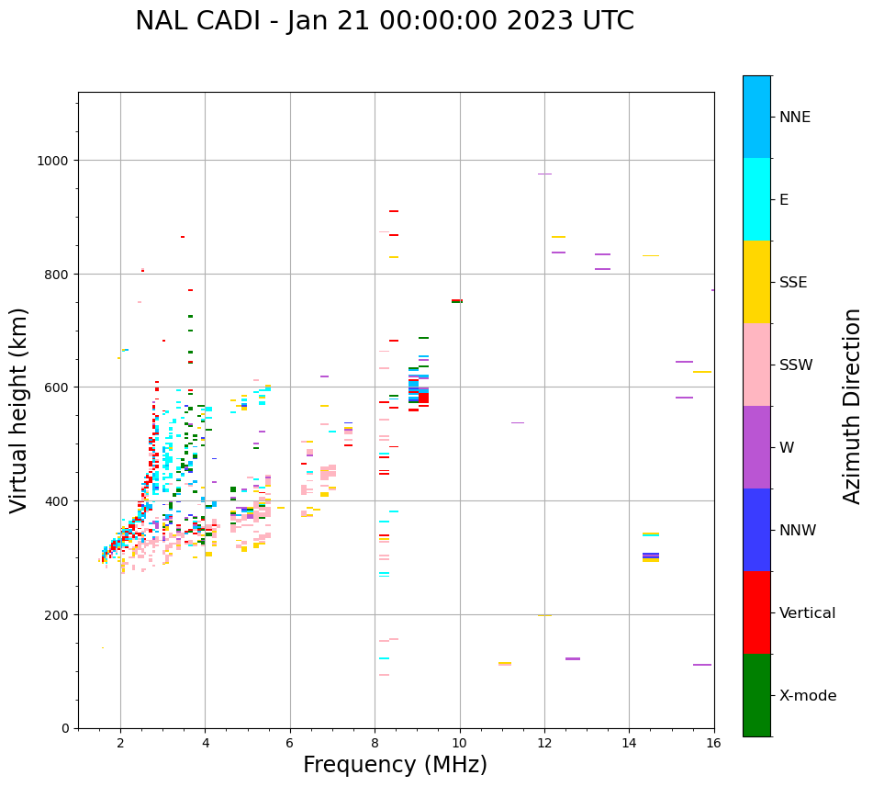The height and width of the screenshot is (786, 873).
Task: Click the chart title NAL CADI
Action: pos(384,21)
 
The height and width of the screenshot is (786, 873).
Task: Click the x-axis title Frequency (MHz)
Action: pos(395,765)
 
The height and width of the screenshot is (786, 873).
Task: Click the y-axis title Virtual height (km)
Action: pos(19,410)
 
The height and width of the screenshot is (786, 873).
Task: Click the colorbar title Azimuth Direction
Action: pos(853,406)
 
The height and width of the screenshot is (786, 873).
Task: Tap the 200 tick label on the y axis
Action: pos(59,615)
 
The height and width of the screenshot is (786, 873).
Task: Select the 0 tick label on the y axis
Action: pos(65,728)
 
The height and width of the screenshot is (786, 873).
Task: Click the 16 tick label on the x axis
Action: pos(713,743)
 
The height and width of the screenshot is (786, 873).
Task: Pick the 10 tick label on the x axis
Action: pos(459,743)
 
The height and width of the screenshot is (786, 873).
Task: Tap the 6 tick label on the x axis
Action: pos(290,743)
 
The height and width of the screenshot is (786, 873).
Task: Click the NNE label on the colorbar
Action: pos(795,118)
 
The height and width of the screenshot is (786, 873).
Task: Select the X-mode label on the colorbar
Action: pos(808,696)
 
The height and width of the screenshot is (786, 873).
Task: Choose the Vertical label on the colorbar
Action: pos(808,613)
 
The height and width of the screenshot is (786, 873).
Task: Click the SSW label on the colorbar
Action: pos(796,365)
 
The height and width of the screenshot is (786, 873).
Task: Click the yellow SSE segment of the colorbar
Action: pos(756,282)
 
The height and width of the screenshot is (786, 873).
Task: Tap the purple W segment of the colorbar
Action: pos(756,447)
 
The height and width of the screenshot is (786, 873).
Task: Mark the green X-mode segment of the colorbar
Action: pos(756,695)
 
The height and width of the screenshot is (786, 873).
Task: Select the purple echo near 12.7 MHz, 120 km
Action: pos(573,658)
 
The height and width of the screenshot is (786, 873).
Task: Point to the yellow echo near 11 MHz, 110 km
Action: pos(505,663)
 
